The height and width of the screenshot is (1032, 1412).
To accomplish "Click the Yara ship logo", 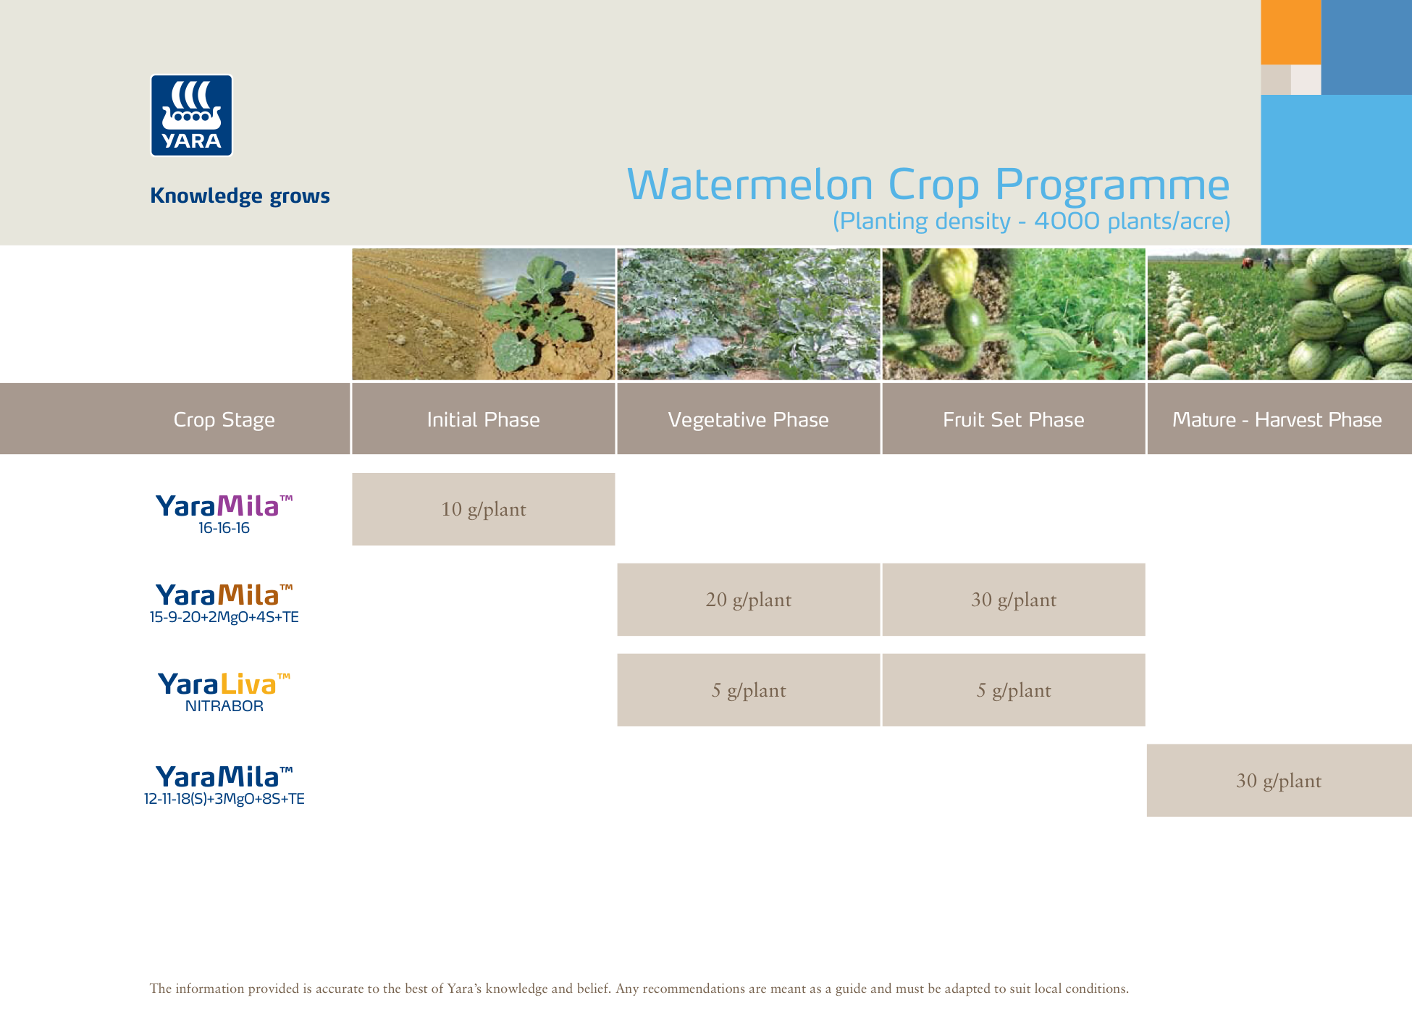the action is click(x=191, y=115).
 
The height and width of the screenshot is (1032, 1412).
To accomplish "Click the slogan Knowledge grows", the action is click(x=240, y=196).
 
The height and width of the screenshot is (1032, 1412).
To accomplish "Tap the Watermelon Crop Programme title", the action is click(x=928, y=185).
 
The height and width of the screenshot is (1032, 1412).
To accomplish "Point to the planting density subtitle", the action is click(x=1031, y=221).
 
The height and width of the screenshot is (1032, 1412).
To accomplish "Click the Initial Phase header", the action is click(x=484, y=419).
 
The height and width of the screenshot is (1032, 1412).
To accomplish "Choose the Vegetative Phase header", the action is click(x=749, y=419).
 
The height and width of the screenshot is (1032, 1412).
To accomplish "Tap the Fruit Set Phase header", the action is click(x=1014, y=419).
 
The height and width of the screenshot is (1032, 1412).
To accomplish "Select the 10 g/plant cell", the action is click(x=484, y=509).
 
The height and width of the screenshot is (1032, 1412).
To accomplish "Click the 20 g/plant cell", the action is click(x=749, y=600).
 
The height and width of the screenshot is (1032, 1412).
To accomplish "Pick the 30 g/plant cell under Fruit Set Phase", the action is click(x=1014, y=600).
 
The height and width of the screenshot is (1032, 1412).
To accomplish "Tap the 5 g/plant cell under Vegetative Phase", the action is click(x=749, y=690).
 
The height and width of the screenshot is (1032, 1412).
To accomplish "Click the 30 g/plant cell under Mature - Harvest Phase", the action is click(x=1279, y=781).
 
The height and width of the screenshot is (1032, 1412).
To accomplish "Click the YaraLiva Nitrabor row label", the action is click(x=224, y=692).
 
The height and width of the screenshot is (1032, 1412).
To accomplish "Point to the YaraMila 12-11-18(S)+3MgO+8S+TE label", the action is click(x=224, y=785).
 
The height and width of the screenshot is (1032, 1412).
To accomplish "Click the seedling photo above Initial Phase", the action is click(x=484, y=314).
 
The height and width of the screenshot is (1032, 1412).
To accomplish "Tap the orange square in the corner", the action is click(x=1291, y=32).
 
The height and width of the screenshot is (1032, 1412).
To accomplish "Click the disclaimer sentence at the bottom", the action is click(x=639, y=989).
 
